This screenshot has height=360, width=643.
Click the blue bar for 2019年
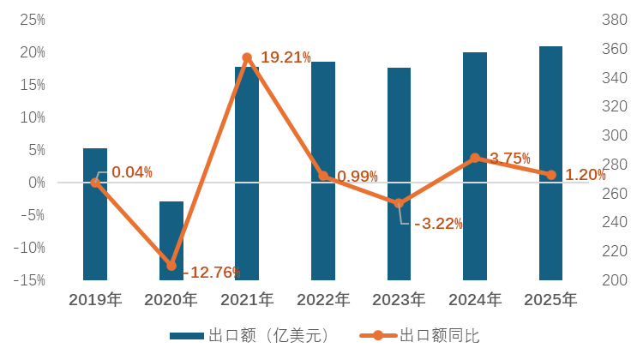pyautogui.click(x=95, y=214)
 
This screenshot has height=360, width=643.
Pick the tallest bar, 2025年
pyautogui.click(x=550, y=163)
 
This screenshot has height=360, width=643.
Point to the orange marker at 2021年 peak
pyautogui.click(x=247, y=58)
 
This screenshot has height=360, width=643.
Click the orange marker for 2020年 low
pyautogui.click(x=171, y=266)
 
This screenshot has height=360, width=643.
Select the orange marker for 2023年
pyautogui.click(x=399, y=204)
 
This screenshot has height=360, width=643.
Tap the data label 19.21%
pyautogui.click(x=285, y=57)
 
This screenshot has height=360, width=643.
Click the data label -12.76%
pyautogui.click(x=211, y=273)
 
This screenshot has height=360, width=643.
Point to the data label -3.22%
pyautogui.click(x=438, y=224)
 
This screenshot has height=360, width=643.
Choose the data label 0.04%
pyautogui.click(x=132, y=172)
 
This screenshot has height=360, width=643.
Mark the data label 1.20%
pyautogui.click(x=586, y=175)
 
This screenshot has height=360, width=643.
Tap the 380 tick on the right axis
pyautogui.click(x=616, y=20)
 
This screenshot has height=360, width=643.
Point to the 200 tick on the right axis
pyautogui.click(x=616, y=280)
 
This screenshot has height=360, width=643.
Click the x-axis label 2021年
pyautogui.click(x=247, y=300)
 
